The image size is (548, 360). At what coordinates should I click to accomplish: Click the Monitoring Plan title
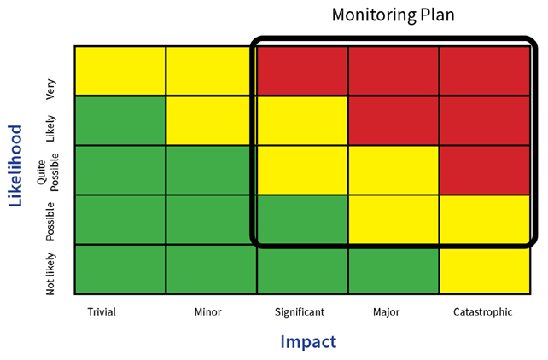point(393,15)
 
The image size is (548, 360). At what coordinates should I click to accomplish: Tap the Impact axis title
point(308,342)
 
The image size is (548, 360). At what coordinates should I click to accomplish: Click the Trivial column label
point(101,312)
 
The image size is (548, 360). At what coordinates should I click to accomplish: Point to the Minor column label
point(207,312)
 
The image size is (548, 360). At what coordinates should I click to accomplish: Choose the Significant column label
point(300,312)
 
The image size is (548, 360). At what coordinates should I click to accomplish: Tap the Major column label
point(386,312)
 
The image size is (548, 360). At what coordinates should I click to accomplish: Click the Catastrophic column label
point(482,312)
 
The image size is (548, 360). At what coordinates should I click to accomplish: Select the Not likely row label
point(51,273)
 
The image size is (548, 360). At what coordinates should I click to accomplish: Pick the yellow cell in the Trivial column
point(120,71)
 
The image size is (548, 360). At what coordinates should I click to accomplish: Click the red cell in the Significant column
point(302,71)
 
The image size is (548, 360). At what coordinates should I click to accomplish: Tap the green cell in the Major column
point(393,270)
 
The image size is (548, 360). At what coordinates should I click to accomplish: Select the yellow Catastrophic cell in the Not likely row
point(484,270)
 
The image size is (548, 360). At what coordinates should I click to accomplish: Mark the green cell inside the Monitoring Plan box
point(302,219)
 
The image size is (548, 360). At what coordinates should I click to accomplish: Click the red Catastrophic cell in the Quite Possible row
point(484,170)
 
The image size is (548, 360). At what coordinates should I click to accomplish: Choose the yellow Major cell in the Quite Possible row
point(393,170)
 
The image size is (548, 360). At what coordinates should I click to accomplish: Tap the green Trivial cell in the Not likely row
point(120,270)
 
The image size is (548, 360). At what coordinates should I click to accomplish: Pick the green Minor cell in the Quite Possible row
point(211,170)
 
